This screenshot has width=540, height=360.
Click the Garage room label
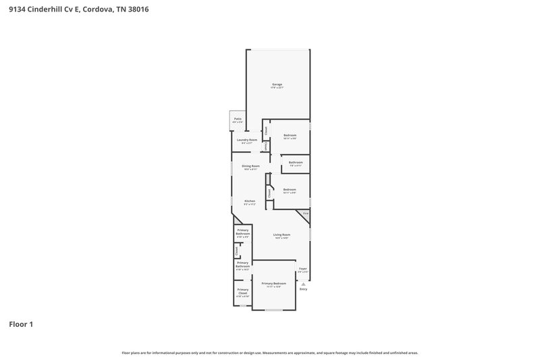point(277,84)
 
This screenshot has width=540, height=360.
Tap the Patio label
point(238,119)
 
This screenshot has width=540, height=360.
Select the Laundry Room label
point(247,140)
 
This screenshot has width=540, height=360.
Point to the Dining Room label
point(251,165)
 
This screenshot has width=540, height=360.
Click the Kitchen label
point(249,202)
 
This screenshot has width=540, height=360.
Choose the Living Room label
point(281,235)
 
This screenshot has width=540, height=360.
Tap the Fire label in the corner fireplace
point(305,213)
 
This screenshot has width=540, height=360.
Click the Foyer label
point(303,269)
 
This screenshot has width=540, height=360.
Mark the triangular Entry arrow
point(303,284)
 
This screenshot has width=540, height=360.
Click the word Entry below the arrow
point(303,289)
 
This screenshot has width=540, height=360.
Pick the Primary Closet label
point(242,292)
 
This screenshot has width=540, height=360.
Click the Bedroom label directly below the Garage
point(290,136)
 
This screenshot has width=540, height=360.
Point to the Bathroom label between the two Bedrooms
point(296,162)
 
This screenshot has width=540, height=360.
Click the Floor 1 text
point(21,324)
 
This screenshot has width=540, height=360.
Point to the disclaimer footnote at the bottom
point(270,353)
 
